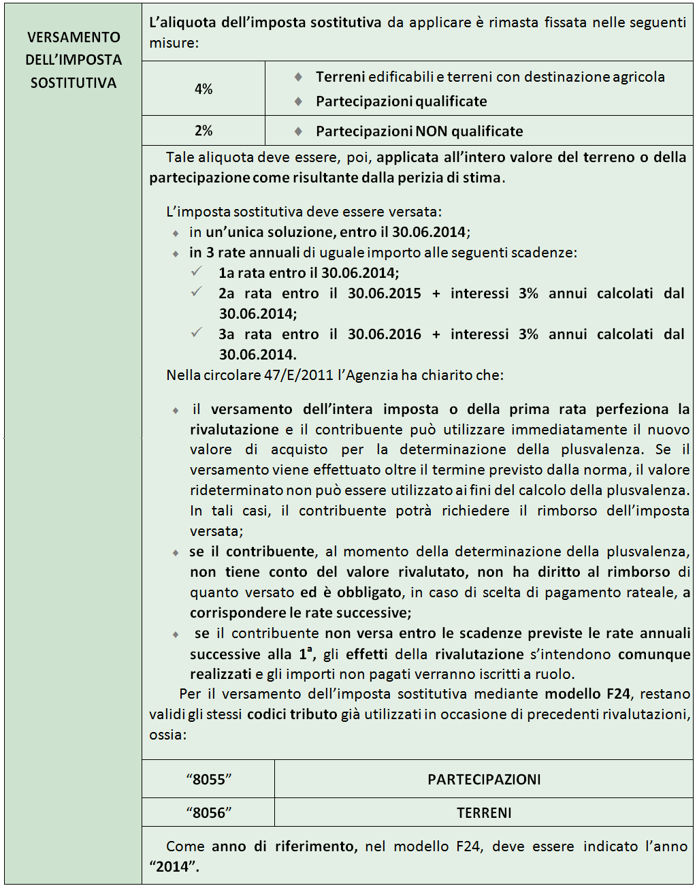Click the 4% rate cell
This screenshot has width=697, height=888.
click(204, 89)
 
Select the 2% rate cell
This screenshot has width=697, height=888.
click(204, 131)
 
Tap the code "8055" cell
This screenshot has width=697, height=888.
click(209, 779)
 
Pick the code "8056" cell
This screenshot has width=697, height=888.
click(209, 812)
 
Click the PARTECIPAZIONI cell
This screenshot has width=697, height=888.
click(484, 779)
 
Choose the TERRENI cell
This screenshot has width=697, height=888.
click(484, 812)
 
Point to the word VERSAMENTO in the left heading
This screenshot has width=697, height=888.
click(74, 37)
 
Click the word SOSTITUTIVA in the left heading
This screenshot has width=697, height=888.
click(74, 83)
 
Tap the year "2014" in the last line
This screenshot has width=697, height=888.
click(171, 866)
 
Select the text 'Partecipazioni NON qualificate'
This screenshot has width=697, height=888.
click(419, 131)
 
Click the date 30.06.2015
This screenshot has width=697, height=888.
click(385, 294)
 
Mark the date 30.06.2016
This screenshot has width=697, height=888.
click(385, 334)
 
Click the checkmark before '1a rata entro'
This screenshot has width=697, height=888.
click(197, 272)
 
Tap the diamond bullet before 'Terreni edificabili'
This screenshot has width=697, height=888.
click(298, 77)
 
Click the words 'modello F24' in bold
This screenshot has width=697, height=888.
click(587, 694)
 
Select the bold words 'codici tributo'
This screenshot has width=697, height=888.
click(292, 714)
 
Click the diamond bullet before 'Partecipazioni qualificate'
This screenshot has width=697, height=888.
click(298, 101)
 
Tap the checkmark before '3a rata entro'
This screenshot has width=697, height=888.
click(197, 333)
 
